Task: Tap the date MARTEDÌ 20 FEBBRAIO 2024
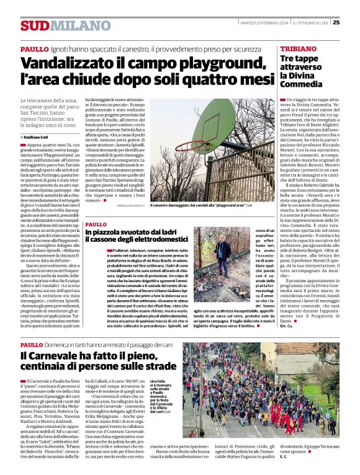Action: pos(263,23)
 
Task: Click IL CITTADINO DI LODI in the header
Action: pos(310,23)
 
